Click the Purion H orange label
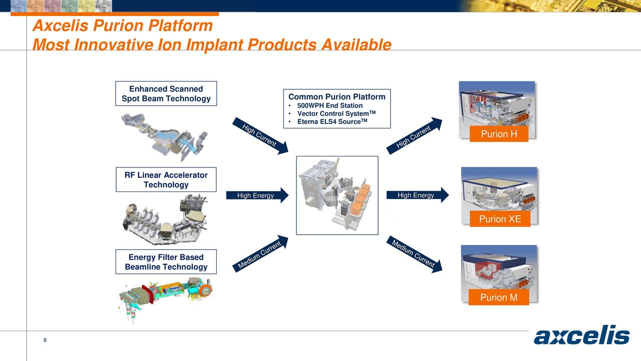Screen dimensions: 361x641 tap(498, 134)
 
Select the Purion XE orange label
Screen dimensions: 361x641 tap(499, 219)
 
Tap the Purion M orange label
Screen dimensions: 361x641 tap(498, 297)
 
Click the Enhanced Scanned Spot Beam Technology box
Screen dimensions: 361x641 tap(166, 94)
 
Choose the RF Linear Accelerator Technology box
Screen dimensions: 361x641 tap(166, 179)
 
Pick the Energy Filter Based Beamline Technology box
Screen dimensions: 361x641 tap(166, 262)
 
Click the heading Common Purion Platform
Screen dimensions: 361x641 tap(337, 97)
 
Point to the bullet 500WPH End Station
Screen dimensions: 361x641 tap(330, 106)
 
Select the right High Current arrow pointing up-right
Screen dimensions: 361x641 tap(415, 136)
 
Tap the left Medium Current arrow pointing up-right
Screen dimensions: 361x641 tap(260, 254)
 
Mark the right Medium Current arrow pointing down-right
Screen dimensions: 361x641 tap(415, 254)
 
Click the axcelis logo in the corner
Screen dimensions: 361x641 tap(581, 336)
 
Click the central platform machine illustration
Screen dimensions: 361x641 tap(337, 196)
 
